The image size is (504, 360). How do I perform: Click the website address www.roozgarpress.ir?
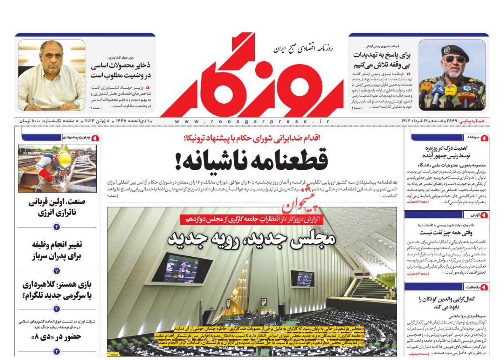coord(252,121)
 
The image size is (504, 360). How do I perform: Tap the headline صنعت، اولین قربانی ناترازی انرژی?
coord(57,207)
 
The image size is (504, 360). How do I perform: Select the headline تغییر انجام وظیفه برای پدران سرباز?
coord(57,250)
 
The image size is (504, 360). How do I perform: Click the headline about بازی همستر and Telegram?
coord(57,290)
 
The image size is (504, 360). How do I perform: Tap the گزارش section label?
coord(471,215)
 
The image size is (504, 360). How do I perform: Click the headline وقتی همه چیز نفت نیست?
coord(446,232)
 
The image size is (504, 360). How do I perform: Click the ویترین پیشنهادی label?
coord(78,138)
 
